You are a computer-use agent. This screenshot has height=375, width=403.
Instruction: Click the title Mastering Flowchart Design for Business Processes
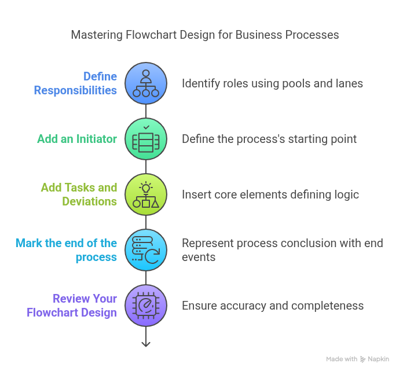coord(205,35)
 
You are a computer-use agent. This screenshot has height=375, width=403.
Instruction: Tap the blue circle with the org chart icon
coord(146,83)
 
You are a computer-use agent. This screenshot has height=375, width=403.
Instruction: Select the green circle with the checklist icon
coord(146,139)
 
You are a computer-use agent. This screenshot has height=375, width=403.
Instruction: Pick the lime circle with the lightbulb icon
coord(146,194)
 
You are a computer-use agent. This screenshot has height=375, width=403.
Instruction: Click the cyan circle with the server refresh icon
coord(146,250)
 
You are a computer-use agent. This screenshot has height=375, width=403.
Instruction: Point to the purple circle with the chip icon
coord(146,306)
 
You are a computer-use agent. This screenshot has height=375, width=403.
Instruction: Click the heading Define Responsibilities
coord(75,83)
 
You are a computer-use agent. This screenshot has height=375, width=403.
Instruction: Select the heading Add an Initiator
coord(77,139)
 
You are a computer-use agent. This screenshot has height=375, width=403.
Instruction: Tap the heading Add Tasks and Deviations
coord(79,194)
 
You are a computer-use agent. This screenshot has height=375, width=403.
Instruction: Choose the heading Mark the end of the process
coord(67,250)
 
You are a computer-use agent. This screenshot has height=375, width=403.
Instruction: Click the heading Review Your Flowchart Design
coord(72,306)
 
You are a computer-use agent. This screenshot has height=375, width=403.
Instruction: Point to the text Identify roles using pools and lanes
coord(273,83)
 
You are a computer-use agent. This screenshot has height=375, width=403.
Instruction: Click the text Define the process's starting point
coord(269,139)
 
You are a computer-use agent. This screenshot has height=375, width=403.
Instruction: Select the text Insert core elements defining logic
coord(270,194)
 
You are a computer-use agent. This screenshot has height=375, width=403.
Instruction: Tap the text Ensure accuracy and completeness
coord(273,306)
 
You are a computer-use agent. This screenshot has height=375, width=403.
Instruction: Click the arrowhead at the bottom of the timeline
coord(146,344)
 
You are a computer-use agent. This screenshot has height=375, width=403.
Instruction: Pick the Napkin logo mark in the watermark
coord(362,359)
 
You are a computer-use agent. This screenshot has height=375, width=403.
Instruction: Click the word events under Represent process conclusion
coord(199,257)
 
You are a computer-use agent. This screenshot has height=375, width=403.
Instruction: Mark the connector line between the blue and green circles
coord(146,111)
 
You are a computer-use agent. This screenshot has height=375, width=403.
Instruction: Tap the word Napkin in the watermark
coord(378,359)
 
